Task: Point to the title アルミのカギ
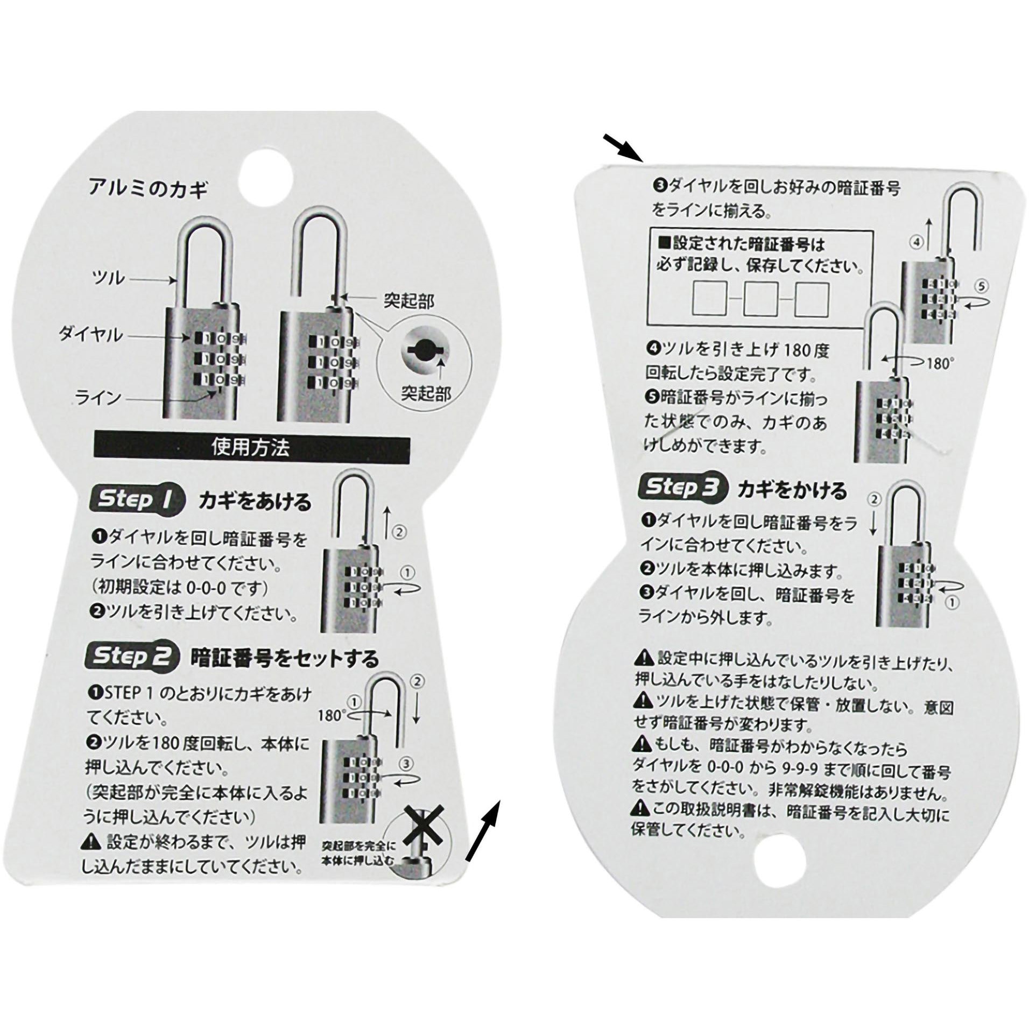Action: (148, 190)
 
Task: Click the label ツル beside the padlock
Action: (109, 278)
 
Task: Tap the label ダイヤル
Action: (91, 335)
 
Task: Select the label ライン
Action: (98, 399)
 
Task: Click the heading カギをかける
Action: (792, 491)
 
